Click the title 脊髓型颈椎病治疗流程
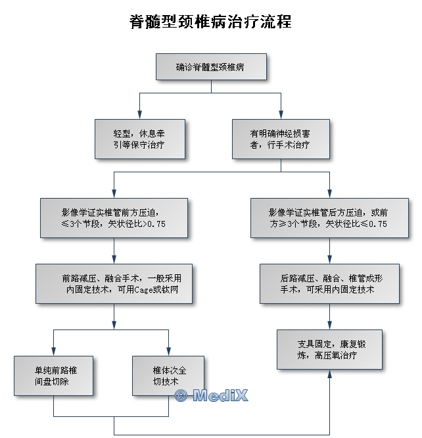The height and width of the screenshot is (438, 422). tap(210, 22)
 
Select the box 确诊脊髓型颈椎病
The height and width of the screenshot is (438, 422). tap(210, 67)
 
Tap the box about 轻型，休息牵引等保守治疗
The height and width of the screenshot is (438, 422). tap(140, 139)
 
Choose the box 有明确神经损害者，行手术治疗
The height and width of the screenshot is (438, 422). tap(281, 139)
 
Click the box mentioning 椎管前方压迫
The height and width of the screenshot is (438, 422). tap(114, 218)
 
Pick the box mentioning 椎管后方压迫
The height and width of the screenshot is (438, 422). tap(329, 218)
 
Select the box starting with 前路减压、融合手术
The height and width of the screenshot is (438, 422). tap(114, 283)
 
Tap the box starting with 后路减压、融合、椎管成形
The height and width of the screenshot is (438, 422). tap(329, 283)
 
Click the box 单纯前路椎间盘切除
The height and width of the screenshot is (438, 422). tap(54, 375)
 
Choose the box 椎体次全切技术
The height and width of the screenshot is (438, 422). tap(168, 375)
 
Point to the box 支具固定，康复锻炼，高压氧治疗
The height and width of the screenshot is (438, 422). tap(329, 350)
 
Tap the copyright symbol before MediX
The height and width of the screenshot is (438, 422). tap(181, 395)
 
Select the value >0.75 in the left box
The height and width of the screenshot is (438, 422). tap(152, 224)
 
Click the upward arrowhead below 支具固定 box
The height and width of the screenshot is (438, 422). tap(329, 374)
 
